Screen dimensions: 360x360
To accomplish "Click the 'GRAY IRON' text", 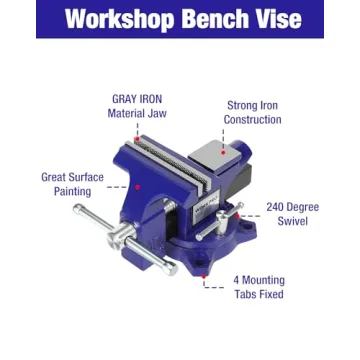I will coord(137,99).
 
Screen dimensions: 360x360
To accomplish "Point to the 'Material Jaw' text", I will coord(137,114).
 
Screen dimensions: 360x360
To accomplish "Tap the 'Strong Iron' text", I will coord(252,105).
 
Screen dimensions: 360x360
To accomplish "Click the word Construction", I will coord(252,120).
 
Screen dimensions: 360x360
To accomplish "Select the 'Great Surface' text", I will coord(72,177).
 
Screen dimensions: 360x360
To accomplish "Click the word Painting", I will coord(72,191).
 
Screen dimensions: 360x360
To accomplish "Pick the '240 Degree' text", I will coord(292,207).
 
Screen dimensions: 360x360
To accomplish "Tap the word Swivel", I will coord(292,221).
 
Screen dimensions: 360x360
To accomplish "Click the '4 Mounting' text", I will coord(258,280).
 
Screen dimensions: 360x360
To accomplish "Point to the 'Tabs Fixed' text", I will coord(258,295).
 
